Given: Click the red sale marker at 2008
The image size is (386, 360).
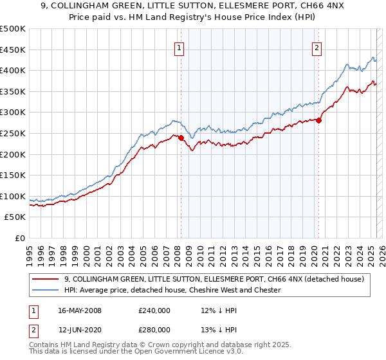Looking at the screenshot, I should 181,138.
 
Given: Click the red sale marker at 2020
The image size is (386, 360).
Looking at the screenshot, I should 318,120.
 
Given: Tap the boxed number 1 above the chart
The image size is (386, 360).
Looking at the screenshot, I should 179,46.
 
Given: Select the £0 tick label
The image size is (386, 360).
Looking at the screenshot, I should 20,238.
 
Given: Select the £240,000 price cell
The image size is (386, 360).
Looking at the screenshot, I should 154,310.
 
